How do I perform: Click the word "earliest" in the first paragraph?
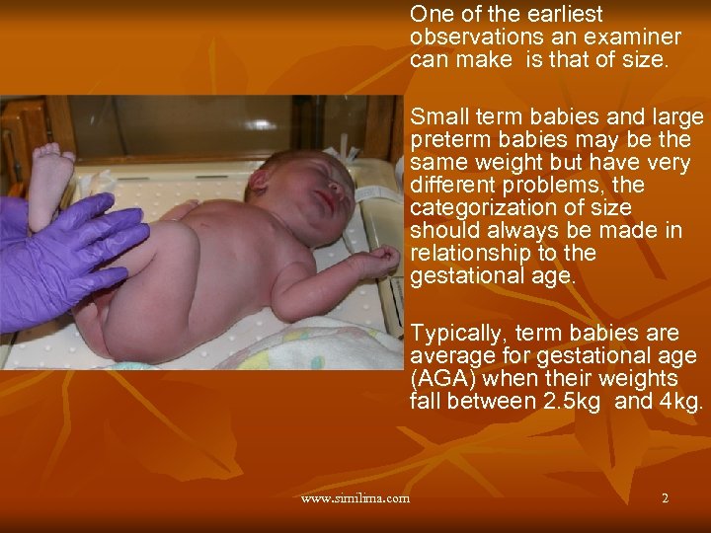coord(565,15)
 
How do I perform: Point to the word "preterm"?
coord(448,140)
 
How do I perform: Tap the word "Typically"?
coord(455,334)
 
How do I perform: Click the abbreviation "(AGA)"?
coord(438,379)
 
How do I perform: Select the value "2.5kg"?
coord(570,402)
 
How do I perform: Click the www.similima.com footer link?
coord(355,498)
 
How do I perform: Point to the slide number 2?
coord(665,498)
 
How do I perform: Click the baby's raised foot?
coord(49,178)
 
